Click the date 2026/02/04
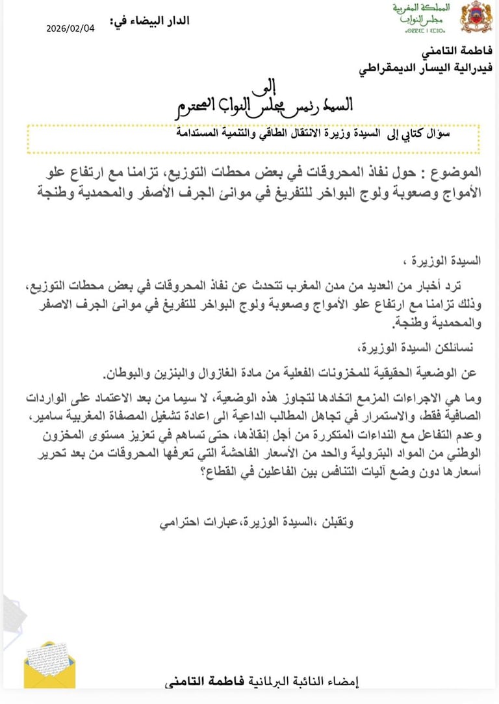click(x=70, y=29)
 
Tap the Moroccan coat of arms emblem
click(x=476, y=17)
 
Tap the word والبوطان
click(x=125, y=372)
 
